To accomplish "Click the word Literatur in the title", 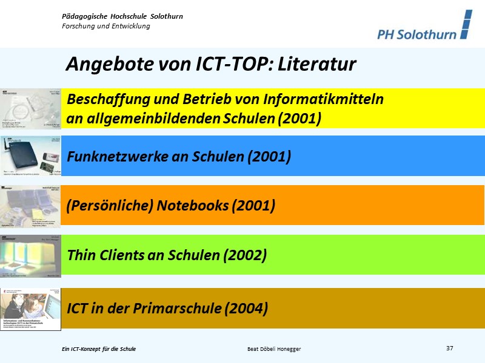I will (317, 64).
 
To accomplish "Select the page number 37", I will (449, 348).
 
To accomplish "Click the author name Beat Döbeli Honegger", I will (274, 349).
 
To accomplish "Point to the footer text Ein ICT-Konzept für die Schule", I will (99, 349).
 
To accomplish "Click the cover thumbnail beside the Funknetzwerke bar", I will (31, 155).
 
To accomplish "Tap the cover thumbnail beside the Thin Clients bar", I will (31, 255).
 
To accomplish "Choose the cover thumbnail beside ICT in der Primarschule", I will (31, 309).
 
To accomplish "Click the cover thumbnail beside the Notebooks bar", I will (31, 206).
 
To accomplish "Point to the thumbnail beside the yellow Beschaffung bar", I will (31, 109).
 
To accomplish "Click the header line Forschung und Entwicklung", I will (106, 26).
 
